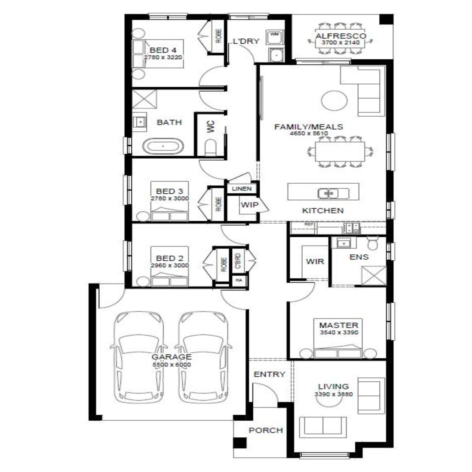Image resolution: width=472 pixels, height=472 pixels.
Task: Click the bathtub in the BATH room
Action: click(163, 146)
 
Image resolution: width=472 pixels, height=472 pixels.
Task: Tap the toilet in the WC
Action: click(210, 147)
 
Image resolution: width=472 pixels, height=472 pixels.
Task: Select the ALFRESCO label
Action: click(341, 36)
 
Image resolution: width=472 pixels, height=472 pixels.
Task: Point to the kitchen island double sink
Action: click(329, 193)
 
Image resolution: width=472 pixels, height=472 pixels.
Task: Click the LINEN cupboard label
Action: click(242, 189)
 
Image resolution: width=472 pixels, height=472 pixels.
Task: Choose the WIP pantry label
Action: click(249, 205)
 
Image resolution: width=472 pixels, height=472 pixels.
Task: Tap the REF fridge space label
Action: click(309, 224)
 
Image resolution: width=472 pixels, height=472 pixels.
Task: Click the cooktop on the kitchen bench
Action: click(352, 227)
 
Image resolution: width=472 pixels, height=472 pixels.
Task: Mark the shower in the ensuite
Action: click(374, 276)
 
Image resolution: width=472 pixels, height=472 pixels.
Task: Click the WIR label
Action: click(315, 261)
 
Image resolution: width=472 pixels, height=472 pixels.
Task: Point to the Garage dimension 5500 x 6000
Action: click(172, 365)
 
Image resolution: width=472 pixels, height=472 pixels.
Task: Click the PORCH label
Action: click(266, 430)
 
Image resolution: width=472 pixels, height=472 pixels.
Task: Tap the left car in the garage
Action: click(139, 357)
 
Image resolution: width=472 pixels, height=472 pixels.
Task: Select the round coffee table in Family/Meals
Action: click(334, 100)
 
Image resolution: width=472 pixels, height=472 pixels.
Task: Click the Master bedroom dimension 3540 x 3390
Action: click(339, 333)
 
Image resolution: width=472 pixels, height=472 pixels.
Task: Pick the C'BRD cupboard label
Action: click(238, 261)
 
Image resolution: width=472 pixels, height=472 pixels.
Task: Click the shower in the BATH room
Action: click(144, 99)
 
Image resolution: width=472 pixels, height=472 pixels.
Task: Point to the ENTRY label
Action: click(269, 374)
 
